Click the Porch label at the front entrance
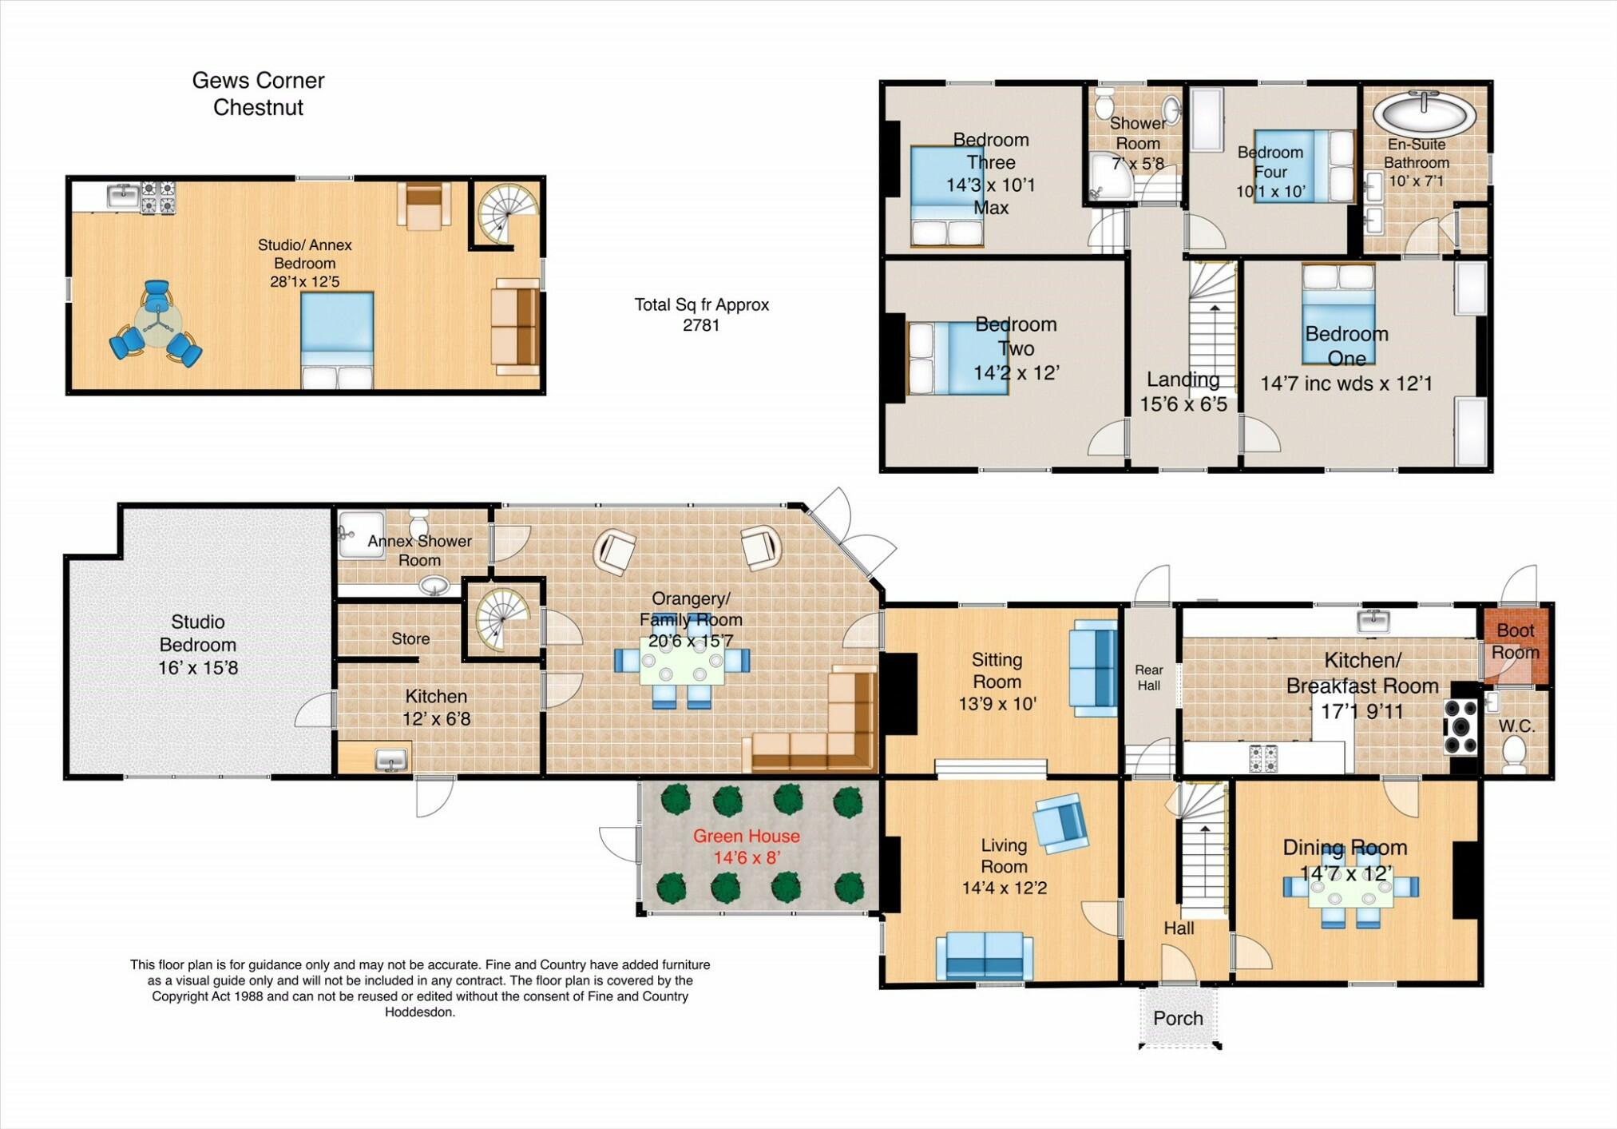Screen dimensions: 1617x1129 (1178, 1018)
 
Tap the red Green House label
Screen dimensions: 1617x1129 (746, 836)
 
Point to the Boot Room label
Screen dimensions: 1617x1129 (1516, 641)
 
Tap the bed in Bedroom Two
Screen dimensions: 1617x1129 (957, 359)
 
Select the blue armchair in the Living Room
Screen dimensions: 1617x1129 (1060, 822)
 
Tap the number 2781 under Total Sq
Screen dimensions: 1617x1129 (701, 325)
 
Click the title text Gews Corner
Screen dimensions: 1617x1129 (258, 80)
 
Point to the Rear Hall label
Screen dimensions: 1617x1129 (1149, 678)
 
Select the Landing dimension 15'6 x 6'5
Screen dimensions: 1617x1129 (1183, 404)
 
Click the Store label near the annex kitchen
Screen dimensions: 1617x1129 (410, 638)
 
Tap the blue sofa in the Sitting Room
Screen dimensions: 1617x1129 (1095, 667)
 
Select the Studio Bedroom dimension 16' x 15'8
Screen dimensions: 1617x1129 (198, 668)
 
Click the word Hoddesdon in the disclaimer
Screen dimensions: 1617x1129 (420, 1012)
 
